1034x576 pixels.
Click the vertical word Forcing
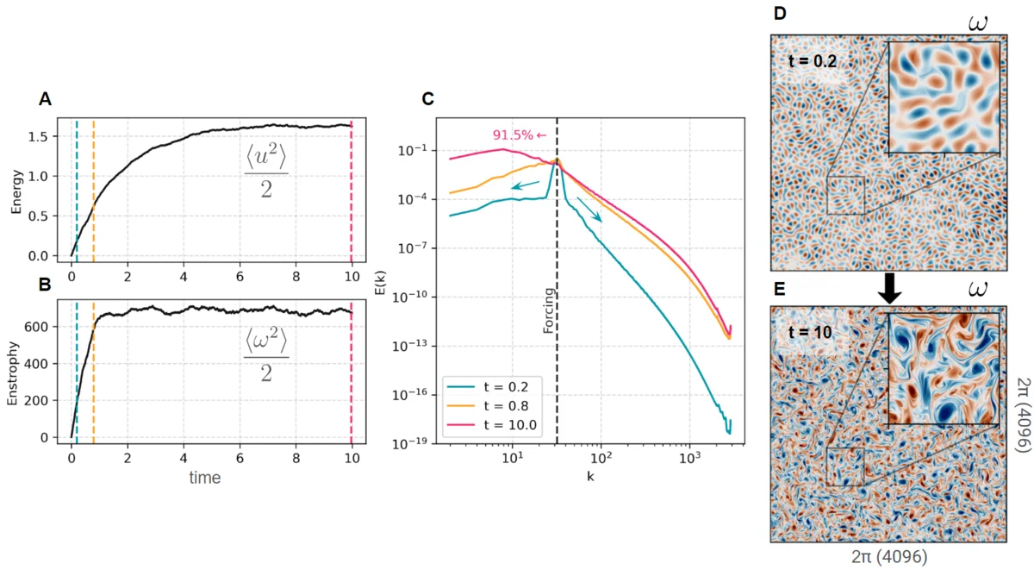(548, 310)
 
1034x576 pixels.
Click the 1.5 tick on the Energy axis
(50, 137)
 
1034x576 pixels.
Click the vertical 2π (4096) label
(1023, 415)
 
